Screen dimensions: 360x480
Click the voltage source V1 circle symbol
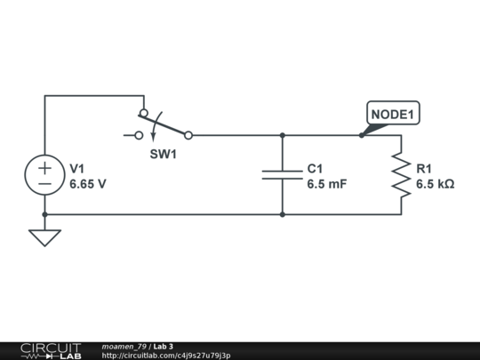44,175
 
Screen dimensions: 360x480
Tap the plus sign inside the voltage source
44,166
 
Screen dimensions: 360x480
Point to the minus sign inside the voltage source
44,185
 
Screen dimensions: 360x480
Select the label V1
77,169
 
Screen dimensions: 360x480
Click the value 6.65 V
88,185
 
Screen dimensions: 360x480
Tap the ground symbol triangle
44,237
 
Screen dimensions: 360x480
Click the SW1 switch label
162,153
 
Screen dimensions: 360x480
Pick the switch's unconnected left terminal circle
139,135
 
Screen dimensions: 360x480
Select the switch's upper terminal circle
143,113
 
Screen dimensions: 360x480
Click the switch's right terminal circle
188,135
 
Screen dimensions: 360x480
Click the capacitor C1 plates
282,175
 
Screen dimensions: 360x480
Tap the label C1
316,169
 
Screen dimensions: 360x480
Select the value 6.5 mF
326,185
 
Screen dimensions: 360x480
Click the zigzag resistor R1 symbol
400,175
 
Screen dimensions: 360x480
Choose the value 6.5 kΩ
435,185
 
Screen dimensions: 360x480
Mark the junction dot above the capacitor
282,135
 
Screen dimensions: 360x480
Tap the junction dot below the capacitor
282,214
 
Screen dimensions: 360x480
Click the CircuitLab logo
51,350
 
